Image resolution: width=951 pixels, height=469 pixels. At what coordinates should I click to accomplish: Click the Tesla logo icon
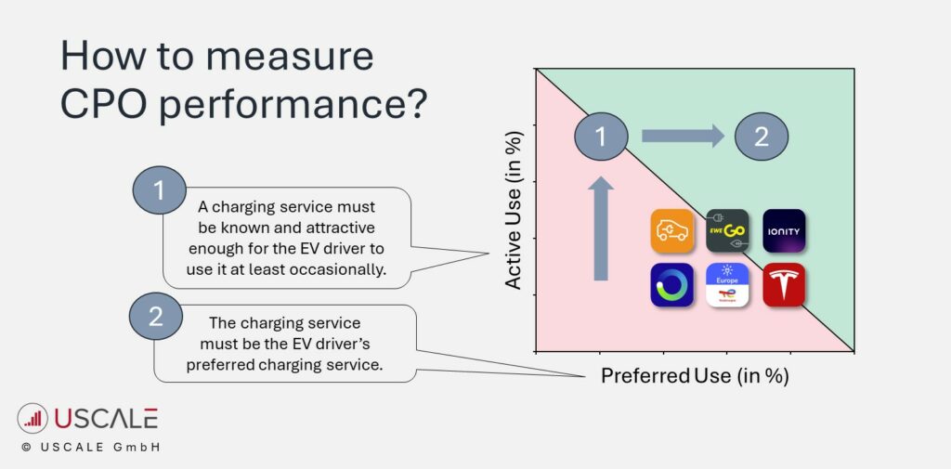pos(784,285)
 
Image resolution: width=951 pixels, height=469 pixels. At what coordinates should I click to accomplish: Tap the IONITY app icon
pos(784,231)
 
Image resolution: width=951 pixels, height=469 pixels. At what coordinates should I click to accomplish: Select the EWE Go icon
pos(727,231)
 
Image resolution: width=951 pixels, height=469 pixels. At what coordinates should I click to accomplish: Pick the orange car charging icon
pos(672,231)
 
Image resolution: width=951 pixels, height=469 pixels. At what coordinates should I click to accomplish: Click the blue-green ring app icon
pos(672,285)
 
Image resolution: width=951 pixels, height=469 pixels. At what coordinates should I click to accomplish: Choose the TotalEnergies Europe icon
pos(727,285)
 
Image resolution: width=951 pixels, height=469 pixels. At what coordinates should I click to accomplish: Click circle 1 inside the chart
pos(601,137)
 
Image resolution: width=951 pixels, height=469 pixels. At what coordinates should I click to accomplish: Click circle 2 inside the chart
pos(762,137)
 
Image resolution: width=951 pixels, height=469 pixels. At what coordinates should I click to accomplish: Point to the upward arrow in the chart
pos(601,228)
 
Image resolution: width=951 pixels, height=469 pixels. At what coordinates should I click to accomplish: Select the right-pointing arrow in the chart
pos(683,137)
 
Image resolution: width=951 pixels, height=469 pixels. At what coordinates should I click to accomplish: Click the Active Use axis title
pos(514,210)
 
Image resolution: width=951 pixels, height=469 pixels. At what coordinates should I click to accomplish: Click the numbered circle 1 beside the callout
pos(159,192)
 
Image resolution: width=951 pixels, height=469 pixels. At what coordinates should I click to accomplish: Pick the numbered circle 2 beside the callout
pos(155,318)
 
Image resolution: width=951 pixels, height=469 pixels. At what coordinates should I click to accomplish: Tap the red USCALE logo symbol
pos(33,419)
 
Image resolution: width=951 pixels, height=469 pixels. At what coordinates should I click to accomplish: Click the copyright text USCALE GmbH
pos(90,448)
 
